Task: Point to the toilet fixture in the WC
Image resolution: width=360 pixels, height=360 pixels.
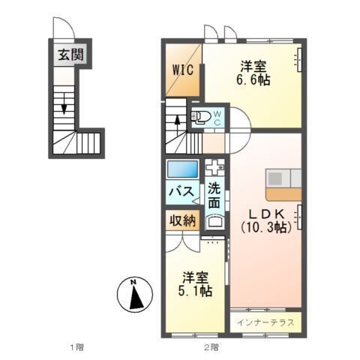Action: [x=201, y=116]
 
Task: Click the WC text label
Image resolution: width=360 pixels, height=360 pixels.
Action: [x=216, y=116]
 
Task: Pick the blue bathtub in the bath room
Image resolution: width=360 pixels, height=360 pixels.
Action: [x=181, y=169]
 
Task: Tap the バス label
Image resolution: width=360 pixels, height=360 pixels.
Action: [x=181, y=192]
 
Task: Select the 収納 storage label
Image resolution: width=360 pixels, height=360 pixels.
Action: [x=181, y=220]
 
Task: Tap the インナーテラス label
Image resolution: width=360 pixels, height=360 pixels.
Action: [x=265, y=322]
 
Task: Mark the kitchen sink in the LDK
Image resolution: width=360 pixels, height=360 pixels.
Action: [x=276, y=178]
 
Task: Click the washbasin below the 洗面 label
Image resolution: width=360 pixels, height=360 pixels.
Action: [x=214, y=220]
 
